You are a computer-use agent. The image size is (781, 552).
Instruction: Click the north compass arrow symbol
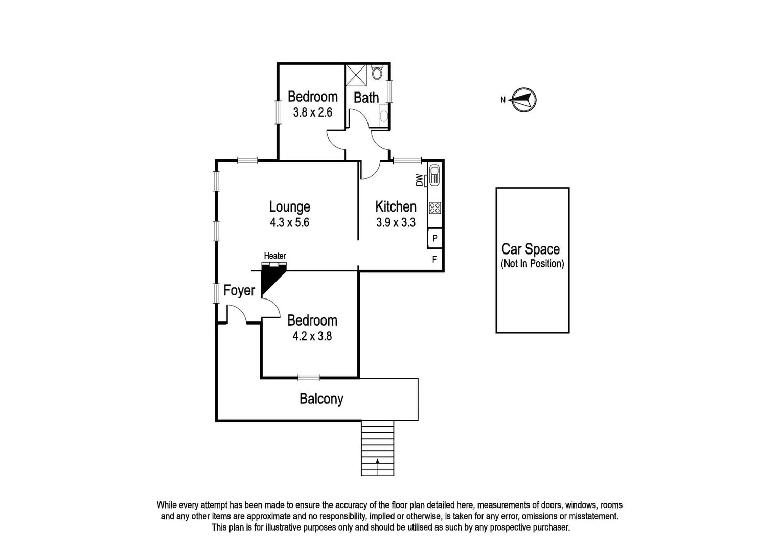524,99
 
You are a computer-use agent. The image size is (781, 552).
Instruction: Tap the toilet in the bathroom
377,73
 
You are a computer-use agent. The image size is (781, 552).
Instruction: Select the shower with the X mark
356,75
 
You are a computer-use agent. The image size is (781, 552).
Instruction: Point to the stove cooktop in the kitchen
435,208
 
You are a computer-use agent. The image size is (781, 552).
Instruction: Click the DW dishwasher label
420,180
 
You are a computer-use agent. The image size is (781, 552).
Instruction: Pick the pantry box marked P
434,238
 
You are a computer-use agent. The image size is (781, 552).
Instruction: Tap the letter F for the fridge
434,260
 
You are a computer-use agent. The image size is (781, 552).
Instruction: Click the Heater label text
274,256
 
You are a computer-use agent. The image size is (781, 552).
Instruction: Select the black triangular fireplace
269,278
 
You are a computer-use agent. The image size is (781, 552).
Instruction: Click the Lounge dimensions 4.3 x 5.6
289,222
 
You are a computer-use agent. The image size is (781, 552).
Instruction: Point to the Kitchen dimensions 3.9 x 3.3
396,222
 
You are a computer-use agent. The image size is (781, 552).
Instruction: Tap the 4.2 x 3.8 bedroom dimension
312,336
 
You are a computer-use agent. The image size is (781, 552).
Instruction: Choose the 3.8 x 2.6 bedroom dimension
312,112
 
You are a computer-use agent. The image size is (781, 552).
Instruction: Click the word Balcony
321,399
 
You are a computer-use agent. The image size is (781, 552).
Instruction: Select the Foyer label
239,291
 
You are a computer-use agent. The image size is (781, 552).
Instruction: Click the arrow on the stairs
377,462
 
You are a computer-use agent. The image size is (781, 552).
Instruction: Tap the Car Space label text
530,249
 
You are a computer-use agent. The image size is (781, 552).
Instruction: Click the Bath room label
366,97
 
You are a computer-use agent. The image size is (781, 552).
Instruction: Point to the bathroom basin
384,117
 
